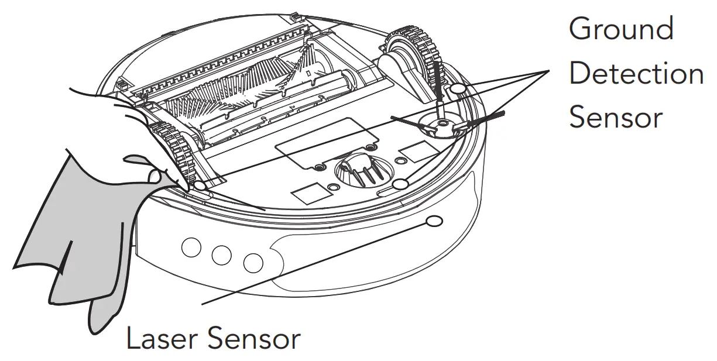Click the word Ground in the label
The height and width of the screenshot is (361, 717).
(x=621, y=29)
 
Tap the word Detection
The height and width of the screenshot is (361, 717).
(x=636, y=74)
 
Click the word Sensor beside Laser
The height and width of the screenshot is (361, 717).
(x=258, y=339)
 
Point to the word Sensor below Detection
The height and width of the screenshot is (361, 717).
(x=615, y=118)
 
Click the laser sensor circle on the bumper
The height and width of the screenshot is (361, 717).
(x=434, y=222)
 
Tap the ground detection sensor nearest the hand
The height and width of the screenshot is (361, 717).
(x=200, y=186)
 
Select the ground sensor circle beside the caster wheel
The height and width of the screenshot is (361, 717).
(x=400, y=185)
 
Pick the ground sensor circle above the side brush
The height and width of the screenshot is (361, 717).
(x=458, y=88)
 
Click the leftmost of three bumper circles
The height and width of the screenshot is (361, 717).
(x=191, y=248)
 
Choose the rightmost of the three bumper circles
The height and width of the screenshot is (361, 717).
(x=253, y=263)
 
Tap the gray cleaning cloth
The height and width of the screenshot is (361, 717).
(x=76, y=234)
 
